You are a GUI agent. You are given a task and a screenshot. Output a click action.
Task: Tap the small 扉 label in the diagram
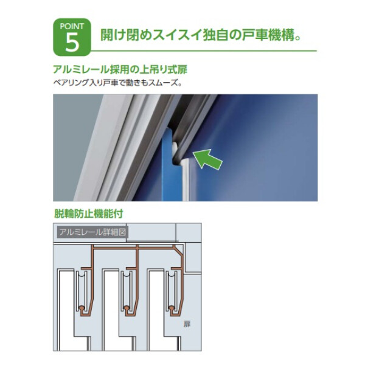pos(187,325)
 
